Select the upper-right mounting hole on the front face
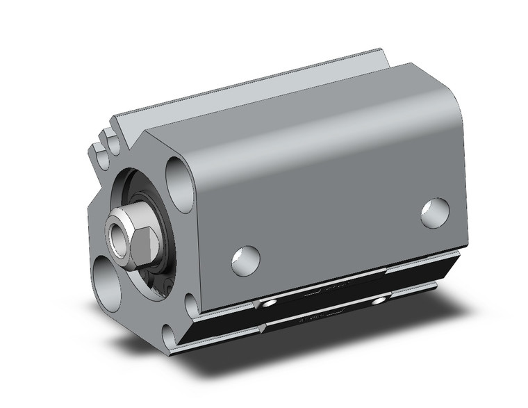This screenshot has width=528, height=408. point(179,183)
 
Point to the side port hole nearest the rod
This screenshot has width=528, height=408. point(245,260)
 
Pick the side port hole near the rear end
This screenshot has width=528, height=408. point(436,213)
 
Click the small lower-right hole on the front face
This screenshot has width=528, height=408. point(192,305)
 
